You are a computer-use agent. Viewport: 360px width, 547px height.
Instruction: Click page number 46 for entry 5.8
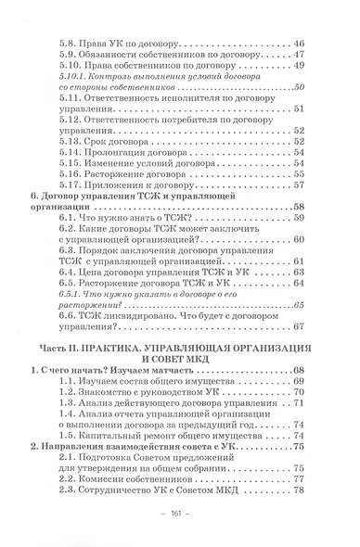pyautogui.click(x=299, y=43)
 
